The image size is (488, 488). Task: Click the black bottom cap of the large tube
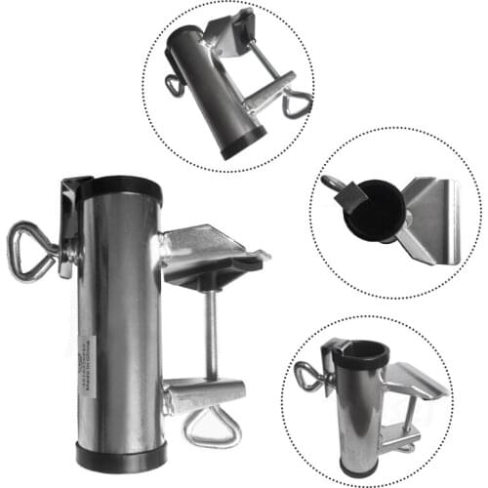[x=118, y=454]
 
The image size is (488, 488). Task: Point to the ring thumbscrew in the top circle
[x=174, y=87]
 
